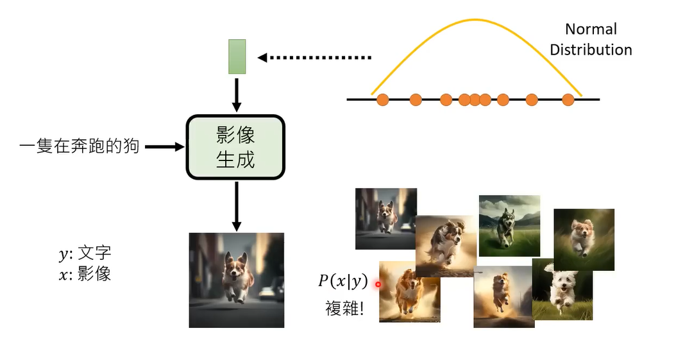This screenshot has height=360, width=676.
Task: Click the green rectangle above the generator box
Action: click(x=237, y=56)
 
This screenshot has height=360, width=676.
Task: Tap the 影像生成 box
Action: click(x=235, y=147)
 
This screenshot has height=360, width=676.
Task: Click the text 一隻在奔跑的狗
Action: click(x=80, y=147)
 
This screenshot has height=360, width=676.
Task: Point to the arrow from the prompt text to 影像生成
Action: click(x=164, y=147)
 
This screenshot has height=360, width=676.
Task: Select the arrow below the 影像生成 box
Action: click(x=237, y=205)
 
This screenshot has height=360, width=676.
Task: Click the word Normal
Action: click(x=591, y=30)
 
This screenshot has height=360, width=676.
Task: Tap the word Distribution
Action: click(x=591, y=50)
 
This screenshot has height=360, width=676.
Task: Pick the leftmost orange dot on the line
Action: click(x=383, y=99)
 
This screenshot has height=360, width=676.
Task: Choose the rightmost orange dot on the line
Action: click(x=568, y=99)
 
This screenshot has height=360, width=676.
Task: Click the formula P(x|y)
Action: click(x=343, y=281)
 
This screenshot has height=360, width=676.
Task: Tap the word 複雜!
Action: click(x=344, y=309)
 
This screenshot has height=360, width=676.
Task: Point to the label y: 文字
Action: click(x=85, y=255)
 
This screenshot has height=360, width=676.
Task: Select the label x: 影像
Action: click(x=85, y=274)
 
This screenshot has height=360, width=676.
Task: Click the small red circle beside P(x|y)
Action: click(x=378, y=284)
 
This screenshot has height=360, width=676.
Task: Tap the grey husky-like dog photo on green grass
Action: click(x=509, y=225)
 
